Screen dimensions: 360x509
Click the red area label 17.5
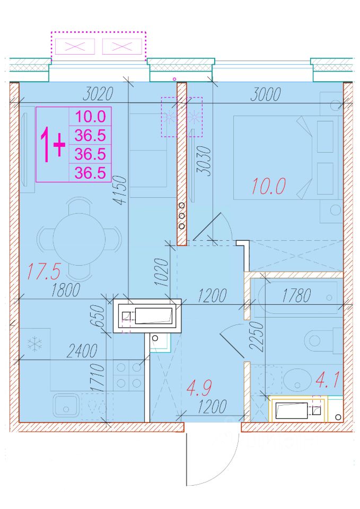(43, 271)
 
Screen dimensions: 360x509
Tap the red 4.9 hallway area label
(200, 388)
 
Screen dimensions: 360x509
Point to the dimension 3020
(98, 94)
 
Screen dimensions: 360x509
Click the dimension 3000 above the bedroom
(266, 94)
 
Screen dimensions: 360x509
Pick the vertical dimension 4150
(119, 190)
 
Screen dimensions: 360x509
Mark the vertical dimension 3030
(204, 161)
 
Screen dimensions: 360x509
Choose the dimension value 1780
(297, 296)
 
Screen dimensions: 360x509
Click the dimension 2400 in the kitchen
(82, 351)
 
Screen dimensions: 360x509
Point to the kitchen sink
(66, 405)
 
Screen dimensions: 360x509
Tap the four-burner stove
(129, 375)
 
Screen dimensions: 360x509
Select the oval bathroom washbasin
(297, 379)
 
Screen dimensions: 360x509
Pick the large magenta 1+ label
(52, 145)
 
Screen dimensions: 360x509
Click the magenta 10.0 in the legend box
(91, 116)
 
